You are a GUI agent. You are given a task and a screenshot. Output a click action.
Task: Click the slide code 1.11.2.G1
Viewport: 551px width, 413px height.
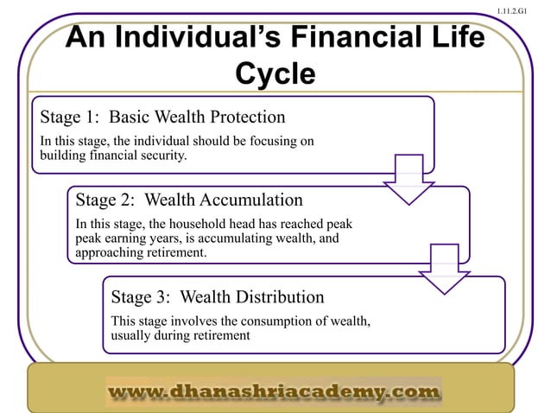(523, 10)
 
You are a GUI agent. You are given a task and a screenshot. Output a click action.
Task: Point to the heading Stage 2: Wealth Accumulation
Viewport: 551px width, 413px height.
(189, 200)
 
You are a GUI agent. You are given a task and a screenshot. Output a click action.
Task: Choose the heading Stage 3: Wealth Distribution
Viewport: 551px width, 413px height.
(217, 297)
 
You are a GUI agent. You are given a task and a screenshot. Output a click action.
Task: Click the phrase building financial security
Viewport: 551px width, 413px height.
(112, 156)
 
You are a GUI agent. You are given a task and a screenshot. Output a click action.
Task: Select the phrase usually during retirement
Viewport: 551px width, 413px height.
(180, 336)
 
